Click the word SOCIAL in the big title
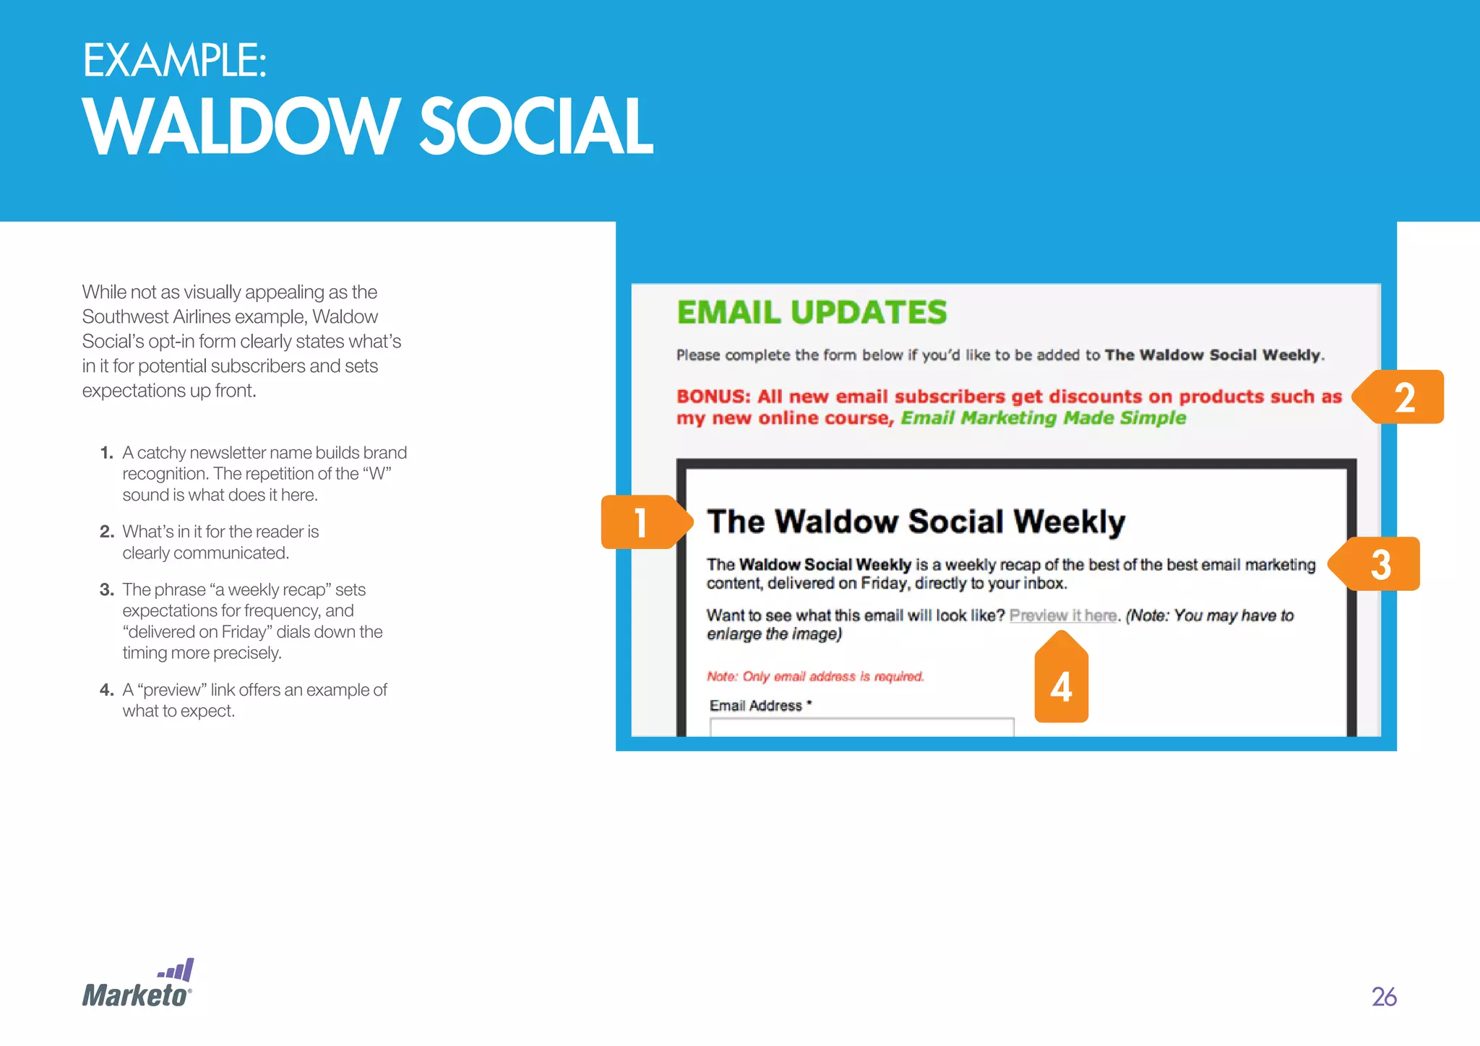[x=535, y=127]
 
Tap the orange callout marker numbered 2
[x=1404, y=397]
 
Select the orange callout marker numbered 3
[x=1380, y=564]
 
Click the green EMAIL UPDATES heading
[x=812, y=313]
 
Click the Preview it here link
[x=1063, y=615]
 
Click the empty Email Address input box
[x=861, y=727]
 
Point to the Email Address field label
[x=756, y=706]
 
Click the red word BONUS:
[x=713, y=397]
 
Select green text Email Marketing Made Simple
[x=1043, y=418]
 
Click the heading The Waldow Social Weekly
[x=916, y=522]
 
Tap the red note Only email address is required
[x=815, y=676]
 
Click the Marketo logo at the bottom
[x=137, y=986]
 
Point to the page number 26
[x=1384, y=997]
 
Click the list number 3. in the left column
[x=107, y=589]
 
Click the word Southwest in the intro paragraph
[x=125, y=316]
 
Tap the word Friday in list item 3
[x=244, y=632]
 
